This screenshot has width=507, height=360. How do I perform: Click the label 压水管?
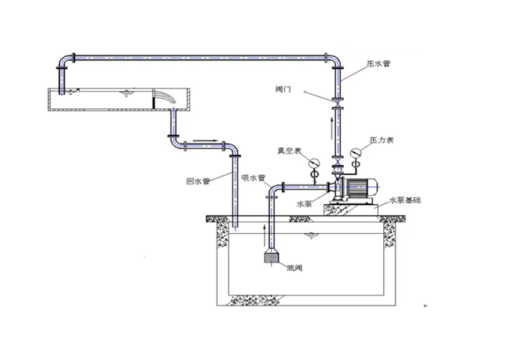coord(379,64)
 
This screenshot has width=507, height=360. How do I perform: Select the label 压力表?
coord(381,141)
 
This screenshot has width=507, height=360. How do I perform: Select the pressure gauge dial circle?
coord(355,153)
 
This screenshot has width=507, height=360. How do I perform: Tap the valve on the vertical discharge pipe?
coord(336,104)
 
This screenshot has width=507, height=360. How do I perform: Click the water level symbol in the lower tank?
coord(311,234)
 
